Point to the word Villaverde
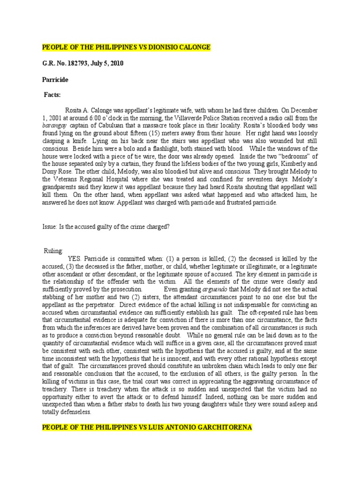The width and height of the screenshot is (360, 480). [196, 119]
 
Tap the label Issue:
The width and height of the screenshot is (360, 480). [50, 226]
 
